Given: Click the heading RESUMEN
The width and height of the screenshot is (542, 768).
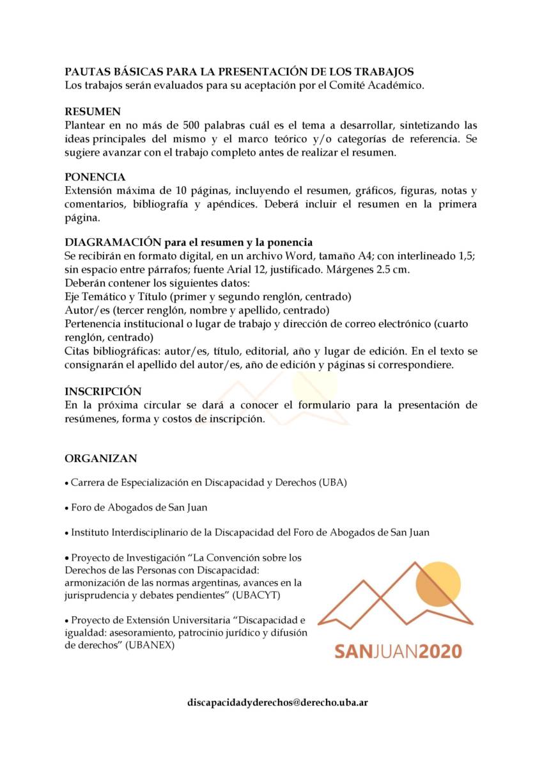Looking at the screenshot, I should (x=93, y=111).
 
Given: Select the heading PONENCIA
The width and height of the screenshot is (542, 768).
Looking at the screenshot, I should (x=95, y=177).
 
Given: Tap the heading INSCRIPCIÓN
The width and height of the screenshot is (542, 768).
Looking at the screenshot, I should (x=103, y=391).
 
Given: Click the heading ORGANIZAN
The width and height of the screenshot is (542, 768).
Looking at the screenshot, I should (x=101, y=458).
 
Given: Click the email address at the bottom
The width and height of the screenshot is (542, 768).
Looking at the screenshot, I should (x=277, y=702).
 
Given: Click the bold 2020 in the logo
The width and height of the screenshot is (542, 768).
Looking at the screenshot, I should (x=433, y=651).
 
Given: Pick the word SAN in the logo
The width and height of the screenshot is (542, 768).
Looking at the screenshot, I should (x=353, y=651).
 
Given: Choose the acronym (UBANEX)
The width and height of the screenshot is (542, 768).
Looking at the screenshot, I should (x=151, y=646).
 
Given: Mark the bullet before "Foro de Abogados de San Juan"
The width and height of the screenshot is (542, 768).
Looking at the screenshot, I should (x=66, y=508).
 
